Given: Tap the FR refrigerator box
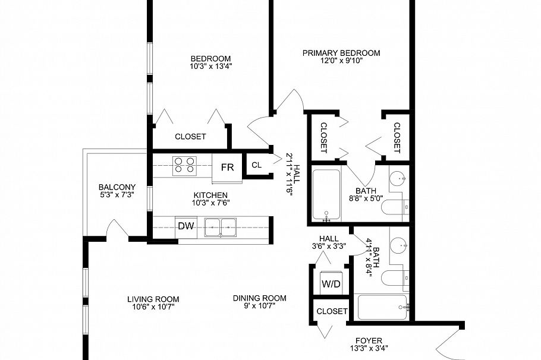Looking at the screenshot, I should [227, 167].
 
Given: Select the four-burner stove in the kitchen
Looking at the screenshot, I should [184, 165].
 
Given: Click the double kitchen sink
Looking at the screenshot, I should [220, 226].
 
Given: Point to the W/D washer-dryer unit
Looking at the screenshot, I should [331, 284].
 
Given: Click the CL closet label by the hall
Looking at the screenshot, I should [256, 165].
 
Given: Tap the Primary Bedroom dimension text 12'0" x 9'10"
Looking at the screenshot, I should [341, 61].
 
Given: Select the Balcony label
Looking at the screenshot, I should [117, 187].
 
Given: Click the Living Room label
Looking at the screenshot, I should [153, 299].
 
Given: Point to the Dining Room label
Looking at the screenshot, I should [259, 298].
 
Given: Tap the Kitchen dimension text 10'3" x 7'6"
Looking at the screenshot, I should [210, 203].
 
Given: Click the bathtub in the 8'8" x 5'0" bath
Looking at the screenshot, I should [326, 195].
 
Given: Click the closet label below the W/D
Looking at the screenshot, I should [332, 311].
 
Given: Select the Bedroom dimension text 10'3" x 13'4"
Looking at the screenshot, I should [210, 67].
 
